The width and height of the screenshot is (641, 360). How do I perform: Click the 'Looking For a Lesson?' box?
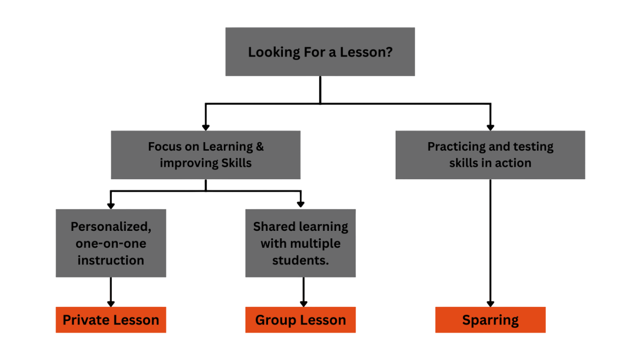(x=320, y=52)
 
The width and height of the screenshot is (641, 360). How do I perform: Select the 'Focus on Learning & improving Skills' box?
(x=205, y=155)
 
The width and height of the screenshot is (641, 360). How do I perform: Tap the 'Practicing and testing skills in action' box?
(x=490, y=155)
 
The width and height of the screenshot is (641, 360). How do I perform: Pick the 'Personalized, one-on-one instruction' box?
(x=111, y=243)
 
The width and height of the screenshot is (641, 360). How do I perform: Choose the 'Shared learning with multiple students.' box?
(x=300, y=243)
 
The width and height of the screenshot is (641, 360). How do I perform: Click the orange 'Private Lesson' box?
(x=111, y=320)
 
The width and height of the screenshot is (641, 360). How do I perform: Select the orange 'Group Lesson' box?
(x=300, y=320)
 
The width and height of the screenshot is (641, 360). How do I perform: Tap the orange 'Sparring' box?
(x=490, y=320)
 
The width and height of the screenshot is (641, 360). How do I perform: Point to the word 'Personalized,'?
(x=111, y=227)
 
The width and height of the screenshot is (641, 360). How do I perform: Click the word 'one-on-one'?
(x=111, y=244)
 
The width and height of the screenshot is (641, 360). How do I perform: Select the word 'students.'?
(x=300, y=260)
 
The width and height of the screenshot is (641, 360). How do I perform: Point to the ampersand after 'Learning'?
(x=259, y=147)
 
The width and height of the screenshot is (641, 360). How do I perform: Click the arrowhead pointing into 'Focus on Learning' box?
(x=205, y=127)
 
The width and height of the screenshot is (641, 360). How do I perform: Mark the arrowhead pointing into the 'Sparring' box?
(x=491, y=303)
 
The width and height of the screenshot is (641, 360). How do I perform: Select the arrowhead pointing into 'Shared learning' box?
(x=300, y=205)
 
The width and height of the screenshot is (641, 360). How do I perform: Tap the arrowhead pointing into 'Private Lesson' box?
(x=111, y=303)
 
